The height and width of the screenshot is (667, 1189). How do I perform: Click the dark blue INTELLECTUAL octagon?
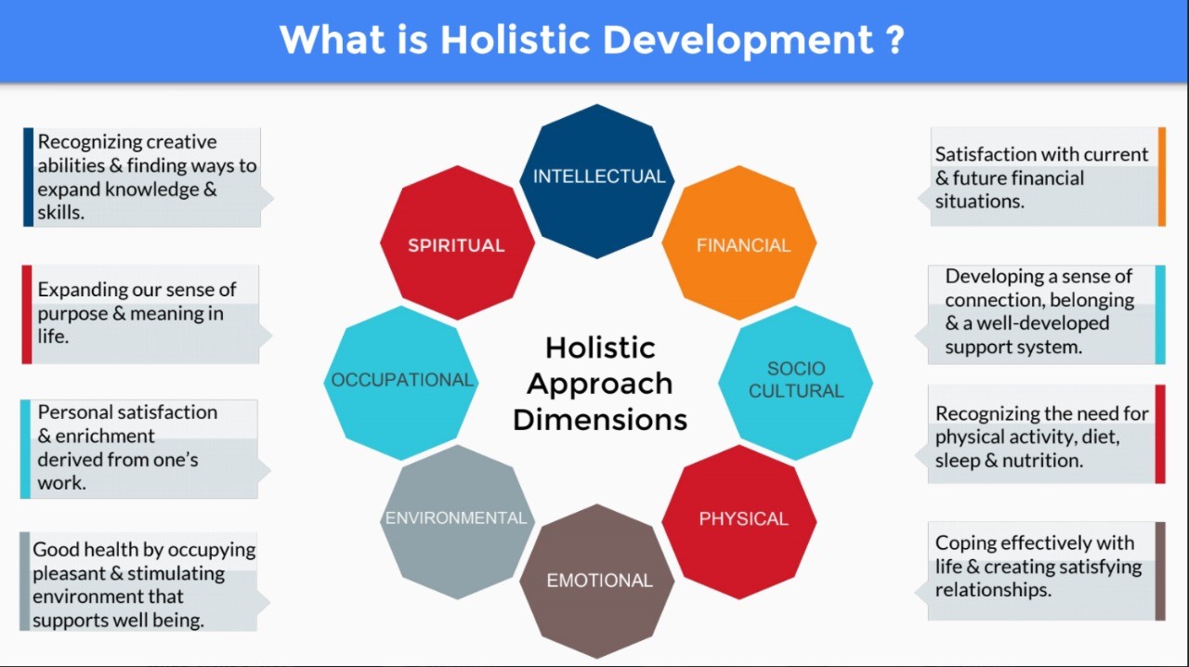click(x=596, y=182)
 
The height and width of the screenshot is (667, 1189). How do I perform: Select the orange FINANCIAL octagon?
click(x=738, y=242)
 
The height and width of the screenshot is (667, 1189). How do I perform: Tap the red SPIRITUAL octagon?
click(x=457, y=242)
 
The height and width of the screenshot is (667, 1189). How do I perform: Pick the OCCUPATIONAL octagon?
click(x=400, y=383)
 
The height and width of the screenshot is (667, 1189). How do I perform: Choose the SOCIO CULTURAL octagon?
click(x=795, y=383)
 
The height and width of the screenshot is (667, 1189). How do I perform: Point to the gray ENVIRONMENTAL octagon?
click(x=457, y=522)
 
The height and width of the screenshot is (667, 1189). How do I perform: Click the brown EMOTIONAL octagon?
click(x=596, y=581)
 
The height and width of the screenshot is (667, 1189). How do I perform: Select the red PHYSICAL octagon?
click(x=738, y=522)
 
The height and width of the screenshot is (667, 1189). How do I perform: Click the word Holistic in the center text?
click(x=600, y=347)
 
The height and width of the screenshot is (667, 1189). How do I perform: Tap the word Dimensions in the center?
click(x=600, y=420)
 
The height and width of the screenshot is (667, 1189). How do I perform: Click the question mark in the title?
click(x=895, y=39)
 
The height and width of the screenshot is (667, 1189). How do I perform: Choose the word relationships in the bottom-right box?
click(x=993, y=590)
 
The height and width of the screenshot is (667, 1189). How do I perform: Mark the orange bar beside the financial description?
click(x=1161, y=177)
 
